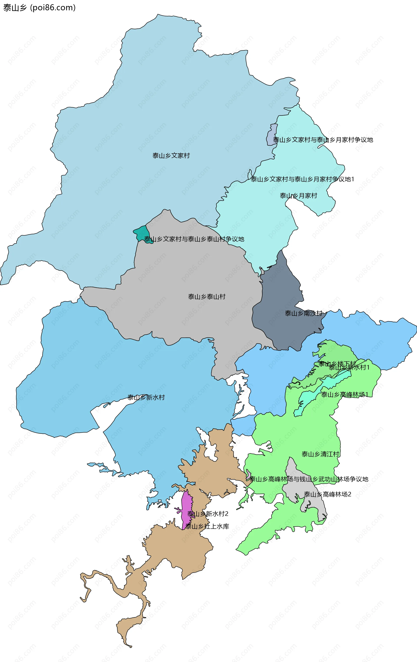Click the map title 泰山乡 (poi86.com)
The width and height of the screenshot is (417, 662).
tap(39, 8)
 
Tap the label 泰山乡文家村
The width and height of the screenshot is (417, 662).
tap(171, 156)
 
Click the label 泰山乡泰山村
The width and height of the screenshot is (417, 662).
tap(207, 297)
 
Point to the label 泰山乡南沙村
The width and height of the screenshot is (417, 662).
tap(303, 313)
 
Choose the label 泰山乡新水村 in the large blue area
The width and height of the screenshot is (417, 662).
tap(146, 397)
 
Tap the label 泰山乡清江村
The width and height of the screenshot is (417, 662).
tap(320, 454)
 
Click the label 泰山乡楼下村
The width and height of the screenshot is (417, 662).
tap(337, 364)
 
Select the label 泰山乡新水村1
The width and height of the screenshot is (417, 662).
tap(349, 367)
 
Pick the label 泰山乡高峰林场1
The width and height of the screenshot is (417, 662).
tap(344, 394)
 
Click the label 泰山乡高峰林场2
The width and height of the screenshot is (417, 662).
tap(327, 494)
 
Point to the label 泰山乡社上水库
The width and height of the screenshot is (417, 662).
tap(207, 526)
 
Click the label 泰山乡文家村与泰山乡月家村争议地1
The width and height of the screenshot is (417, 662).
tap(302, 179)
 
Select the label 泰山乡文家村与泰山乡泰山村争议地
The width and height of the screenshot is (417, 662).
tap(194, 239)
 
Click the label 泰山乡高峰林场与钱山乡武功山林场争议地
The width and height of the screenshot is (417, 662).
tap(309, 479)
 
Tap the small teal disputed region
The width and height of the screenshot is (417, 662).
tap(142, 234)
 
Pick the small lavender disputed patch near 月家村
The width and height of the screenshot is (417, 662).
tap(271, 135)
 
